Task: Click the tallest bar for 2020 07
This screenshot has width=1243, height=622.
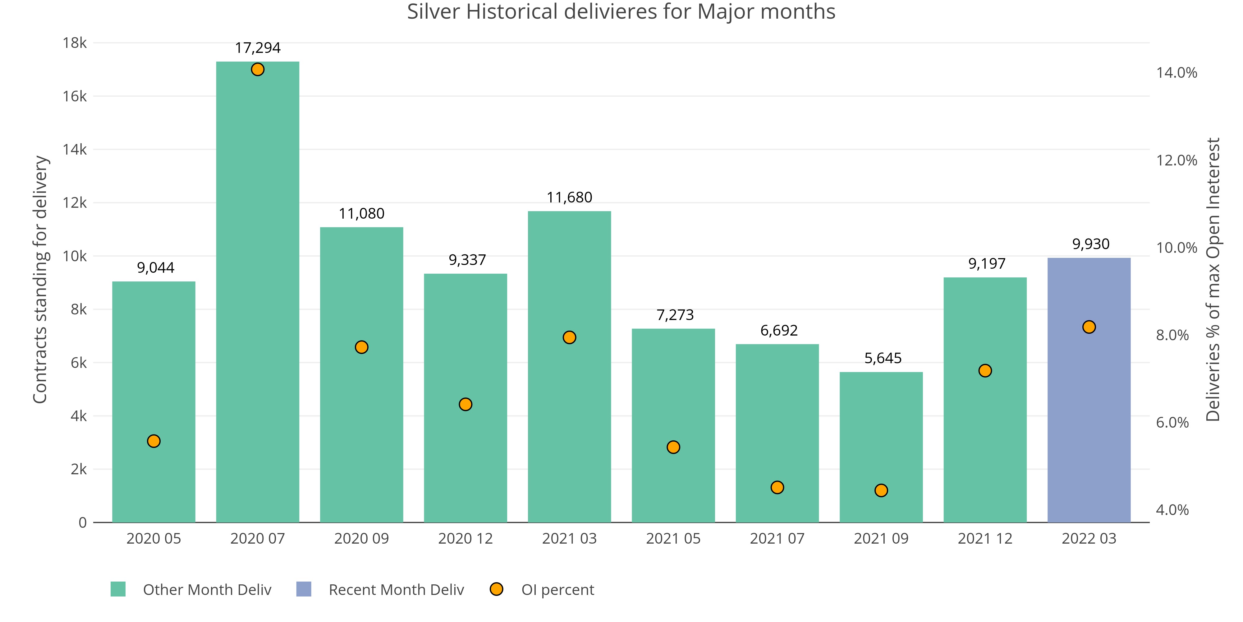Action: point(258,290)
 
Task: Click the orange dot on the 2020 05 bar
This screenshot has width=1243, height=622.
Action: point(154,441)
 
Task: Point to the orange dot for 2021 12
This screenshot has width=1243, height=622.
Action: point(985,370)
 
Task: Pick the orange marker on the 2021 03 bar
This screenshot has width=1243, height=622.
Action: point(569,337)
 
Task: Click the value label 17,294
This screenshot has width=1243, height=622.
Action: point(258,48)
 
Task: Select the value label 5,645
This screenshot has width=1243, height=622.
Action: point(883,358)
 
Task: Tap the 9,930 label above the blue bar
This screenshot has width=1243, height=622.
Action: point(1090,244)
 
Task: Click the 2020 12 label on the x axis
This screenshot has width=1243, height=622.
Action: point(465,538)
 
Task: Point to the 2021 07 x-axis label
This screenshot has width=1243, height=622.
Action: point(777,538)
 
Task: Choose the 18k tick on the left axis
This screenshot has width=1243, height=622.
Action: point(75,43)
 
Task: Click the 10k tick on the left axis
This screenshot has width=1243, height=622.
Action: point(75,256)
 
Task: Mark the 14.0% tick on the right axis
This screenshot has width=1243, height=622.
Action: point(1176,73)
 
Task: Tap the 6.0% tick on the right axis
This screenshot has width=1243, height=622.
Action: point(1172,423)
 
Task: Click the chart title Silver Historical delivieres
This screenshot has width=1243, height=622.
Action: point(621,12)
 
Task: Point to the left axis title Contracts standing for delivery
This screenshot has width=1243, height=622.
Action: point(40,279)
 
